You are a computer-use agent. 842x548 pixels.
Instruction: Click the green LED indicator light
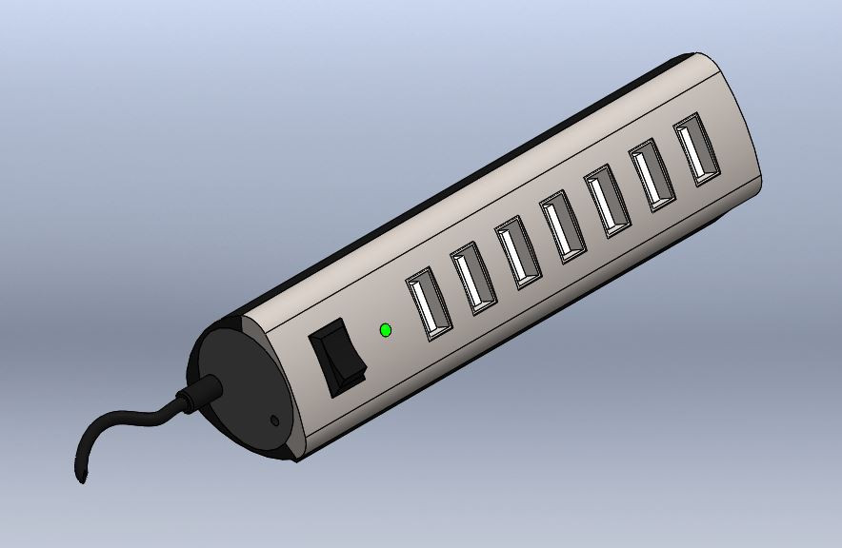(x=385, y=330)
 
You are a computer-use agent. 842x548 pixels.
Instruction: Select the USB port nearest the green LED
(x=429, y=303)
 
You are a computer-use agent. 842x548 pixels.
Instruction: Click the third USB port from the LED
(x=518, y=252)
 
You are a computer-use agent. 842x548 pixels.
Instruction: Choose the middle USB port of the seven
(x=563, y=227)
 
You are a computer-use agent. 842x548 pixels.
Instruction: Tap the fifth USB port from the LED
(x=608, y=201)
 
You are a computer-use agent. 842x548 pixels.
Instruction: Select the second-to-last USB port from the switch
(x=653, y=175)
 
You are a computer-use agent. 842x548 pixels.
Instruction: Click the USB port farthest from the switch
(x=697, y=149)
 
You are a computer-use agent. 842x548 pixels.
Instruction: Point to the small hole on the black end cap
(x=275, y=419)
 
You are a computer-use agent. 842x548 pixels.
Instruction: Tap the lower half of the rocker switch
(x=346, y=377)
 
